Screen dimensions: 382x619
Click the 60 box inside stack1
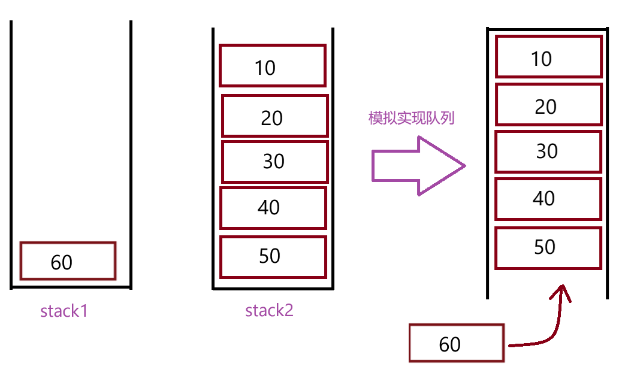[68, 260]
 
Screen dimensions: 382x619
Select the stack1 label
[64, 311]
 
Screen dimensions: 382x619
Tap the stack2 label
[270, 310]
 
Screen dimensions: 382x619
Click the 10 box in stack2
[273, 66]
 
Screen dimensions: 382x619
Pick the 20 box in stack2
[275, 116]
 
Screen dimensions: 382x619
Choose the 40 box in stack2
[273, 208]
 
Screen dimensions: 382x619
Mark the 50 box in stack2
[273, 256]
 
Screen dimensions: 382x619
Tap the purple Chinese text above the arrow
[411, 118]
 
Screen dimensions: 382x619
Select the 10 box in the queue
[548, 57]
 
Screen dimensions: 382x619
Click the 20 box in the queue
[548, 106]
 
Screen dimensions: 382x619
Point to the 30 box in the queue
[548, 151]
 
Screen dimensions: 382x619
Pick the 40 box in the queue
[548, 198]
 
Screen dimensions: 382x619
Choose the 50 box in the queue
[548, 247]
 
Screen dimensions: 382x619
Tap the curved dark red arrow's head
[562, 292]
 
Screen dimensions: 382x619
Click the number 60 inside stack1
[62, 262]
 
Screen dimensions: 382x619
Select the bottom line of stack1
[71, 288]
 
